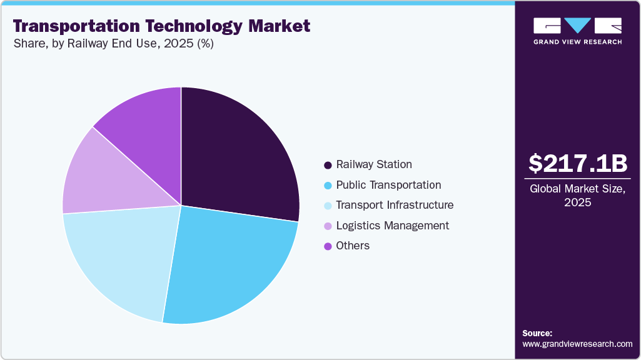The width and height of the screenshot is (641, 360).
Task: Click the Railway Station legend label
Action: click(x=374, y=165)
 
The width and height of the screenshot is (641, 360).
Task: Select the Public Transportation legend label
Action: click(x=388, y=185)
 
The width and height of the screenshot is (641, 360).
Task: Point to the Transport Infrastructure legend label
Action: click(x=395, y=205)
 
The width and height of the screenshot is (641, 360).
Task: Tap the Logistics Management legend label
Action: click(x=392, y=226)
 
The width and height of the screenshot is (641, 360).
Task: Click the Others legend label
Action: click(x=353, y=246)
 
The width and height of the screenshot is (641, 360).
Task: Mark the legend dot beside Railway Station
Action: click(x=328, y=166)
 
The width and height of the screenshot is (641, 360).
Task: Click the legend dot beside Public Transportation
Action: click(x=328, y=186)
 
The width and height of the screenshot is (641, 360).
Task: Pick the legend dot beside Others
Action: click(x=328, y=246)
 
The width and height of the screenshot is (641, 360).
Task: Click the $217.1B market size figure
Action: click(x=577, y=164)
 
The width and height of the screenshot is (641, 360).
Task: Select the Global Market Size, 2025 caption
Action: click(x=577, y=196)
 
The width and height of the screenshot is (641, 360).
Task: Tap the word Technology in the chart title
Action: click(x=188, y=26)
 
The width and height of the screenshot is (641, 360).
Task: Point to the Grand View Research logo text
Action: click(x=577, y=42)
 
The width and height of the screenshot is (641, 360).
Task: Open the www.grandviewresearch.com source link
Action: click(x=577, y=344)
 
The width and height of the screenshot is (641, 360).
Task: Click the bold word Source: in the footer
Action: click(x=537, y=333)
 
